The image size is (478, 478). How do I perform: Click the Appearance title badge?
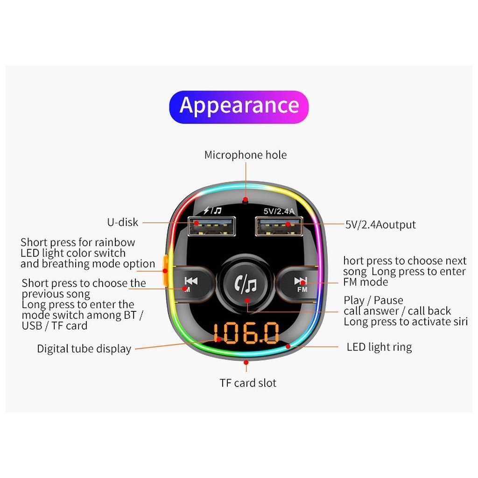point(239,106)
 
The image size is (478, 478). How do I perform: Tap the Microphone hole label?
point(245,155)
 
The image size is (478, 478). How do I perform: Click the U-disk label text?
point(123,222)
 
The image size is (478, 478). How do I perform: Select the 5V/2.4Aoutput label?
point(380,225)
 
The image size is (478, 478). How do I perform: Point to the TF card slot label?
point(248,383)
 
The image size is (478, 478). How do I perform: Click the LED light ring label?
point(379,347)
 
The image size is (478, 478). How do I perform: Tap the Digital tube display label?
point(84,349)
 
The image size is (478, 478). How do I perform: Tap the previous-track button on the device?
point(192,281)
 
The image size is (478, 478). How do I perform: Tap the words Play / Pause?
point(373,300)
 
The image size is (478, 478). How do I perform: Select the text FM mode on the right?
point(366,282)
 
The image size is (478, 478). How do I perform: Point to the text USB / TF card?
point(55,326)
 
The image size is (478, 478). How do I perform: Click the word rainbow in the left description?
point(114,243)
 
